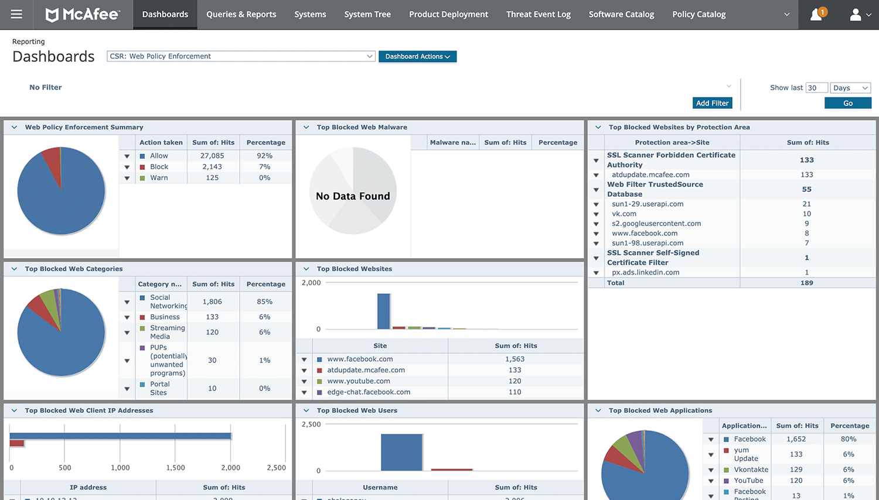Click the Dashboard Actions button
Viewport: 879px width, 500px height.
coord(417,56)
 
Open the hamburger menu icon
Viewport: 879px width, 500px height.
coord(16,14)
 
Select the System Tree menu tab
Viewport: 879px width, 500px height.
coord(367,14)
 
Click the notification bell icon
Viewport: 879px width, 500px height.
coord(816,15)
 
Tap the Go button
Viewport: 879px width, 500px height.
coord(847,103)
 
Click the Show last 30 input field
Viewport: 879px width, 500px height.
coord(816,88)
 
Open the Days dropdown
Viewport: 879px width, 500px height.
coord(850,88)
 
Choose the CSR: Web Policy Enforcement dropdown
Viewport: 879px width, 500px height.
coord(241,56)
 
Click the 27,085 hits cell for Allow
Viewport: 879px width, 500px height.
coord(212,156)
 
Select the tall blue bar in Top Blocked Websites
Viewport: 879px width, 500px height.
coord(383,311)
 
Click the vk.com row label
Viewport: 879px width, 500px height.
coord(624,214)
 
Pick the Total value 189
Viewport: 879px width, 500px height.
coord(807,283)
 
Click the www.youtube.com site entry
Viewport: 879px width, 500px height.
coord(359,381)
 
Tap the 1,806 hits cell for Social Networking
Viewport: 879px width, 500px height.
coord(212,302)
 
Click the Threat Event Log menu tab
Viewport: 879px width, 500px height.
coord(538,14)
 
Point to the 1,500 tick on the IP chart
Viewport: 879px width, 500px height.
coord(175,468)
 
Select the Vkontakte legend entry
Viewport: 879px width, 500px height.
coord(751,470)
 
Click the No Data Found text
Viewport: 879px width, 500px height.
coord(353,196)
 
